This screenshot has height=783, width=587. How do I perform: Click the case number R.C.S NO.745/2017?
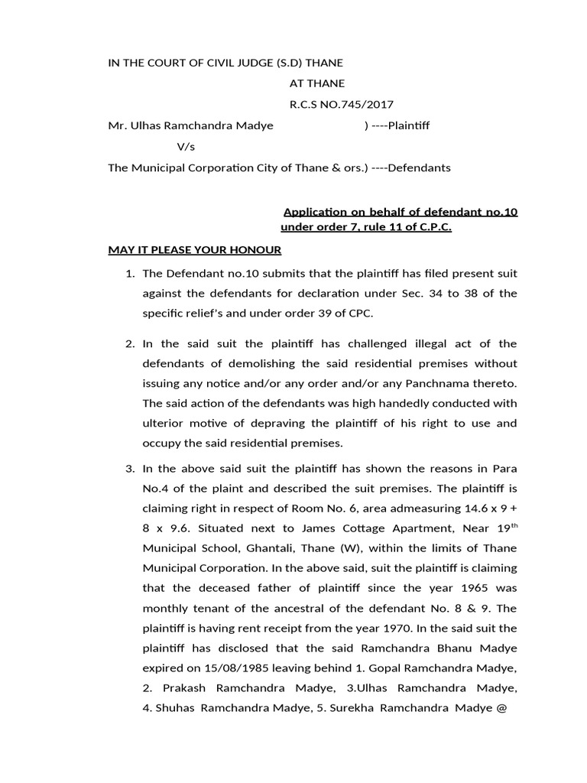point(341,105)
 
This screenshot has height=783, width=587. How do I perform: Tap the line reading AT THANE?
point(316,83)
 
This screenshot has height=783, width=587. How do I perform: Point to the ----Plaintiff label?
point(397,125)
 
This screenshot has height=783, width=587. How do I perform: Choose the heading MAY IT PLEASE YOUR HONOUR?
point(195,250)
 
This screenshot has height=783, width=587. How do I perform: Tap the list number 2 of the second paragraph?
point(129,343)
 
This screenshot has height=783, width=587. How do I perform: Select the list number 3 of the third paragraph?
point(129,468)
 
